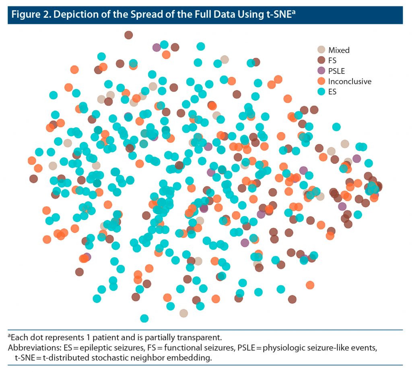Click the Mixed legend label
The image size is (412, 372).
coord(339,50)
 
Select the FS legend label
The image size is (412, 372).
coord(332,60)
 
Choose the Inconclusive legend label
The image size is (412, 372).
coord(350,81)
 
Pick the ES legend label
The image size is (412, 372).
coord(332,92)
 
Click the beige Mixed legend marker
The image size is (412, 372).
coord(321,50)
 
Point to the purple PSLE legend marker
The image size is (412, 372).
coord(321,71)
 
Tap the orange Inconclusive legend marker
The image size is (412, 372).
coord(321,81)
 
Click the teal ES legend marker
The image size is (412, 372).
coord(321,91)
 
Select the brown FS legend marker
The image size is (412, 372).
coord(321,60)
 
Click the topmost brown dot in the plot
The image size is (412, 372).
coord(129,35)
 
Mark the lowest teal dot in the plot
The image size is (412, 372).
coord(144,318)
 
